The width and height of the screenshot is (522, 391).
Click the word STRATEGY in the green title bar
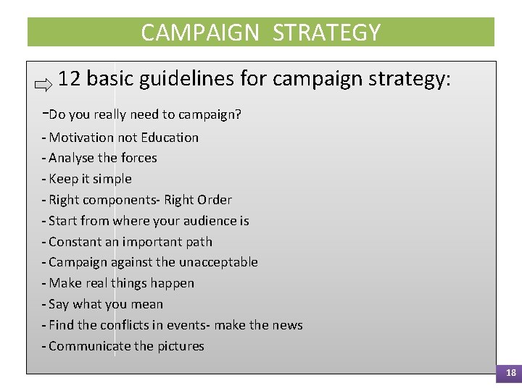(327, 33)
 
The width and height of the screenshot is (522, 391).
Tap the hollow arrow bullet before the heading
(43, 85)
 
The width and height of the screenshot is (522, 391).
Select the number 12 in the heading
(69, 78)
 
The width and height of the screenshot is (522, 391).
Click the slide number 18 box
(510, 373)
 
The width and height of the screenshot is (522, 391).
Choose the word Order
(214, 200)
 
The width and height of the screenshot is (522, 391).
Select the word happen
(175, 283)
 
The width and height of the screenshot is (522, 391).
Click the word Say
(58, 304)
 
